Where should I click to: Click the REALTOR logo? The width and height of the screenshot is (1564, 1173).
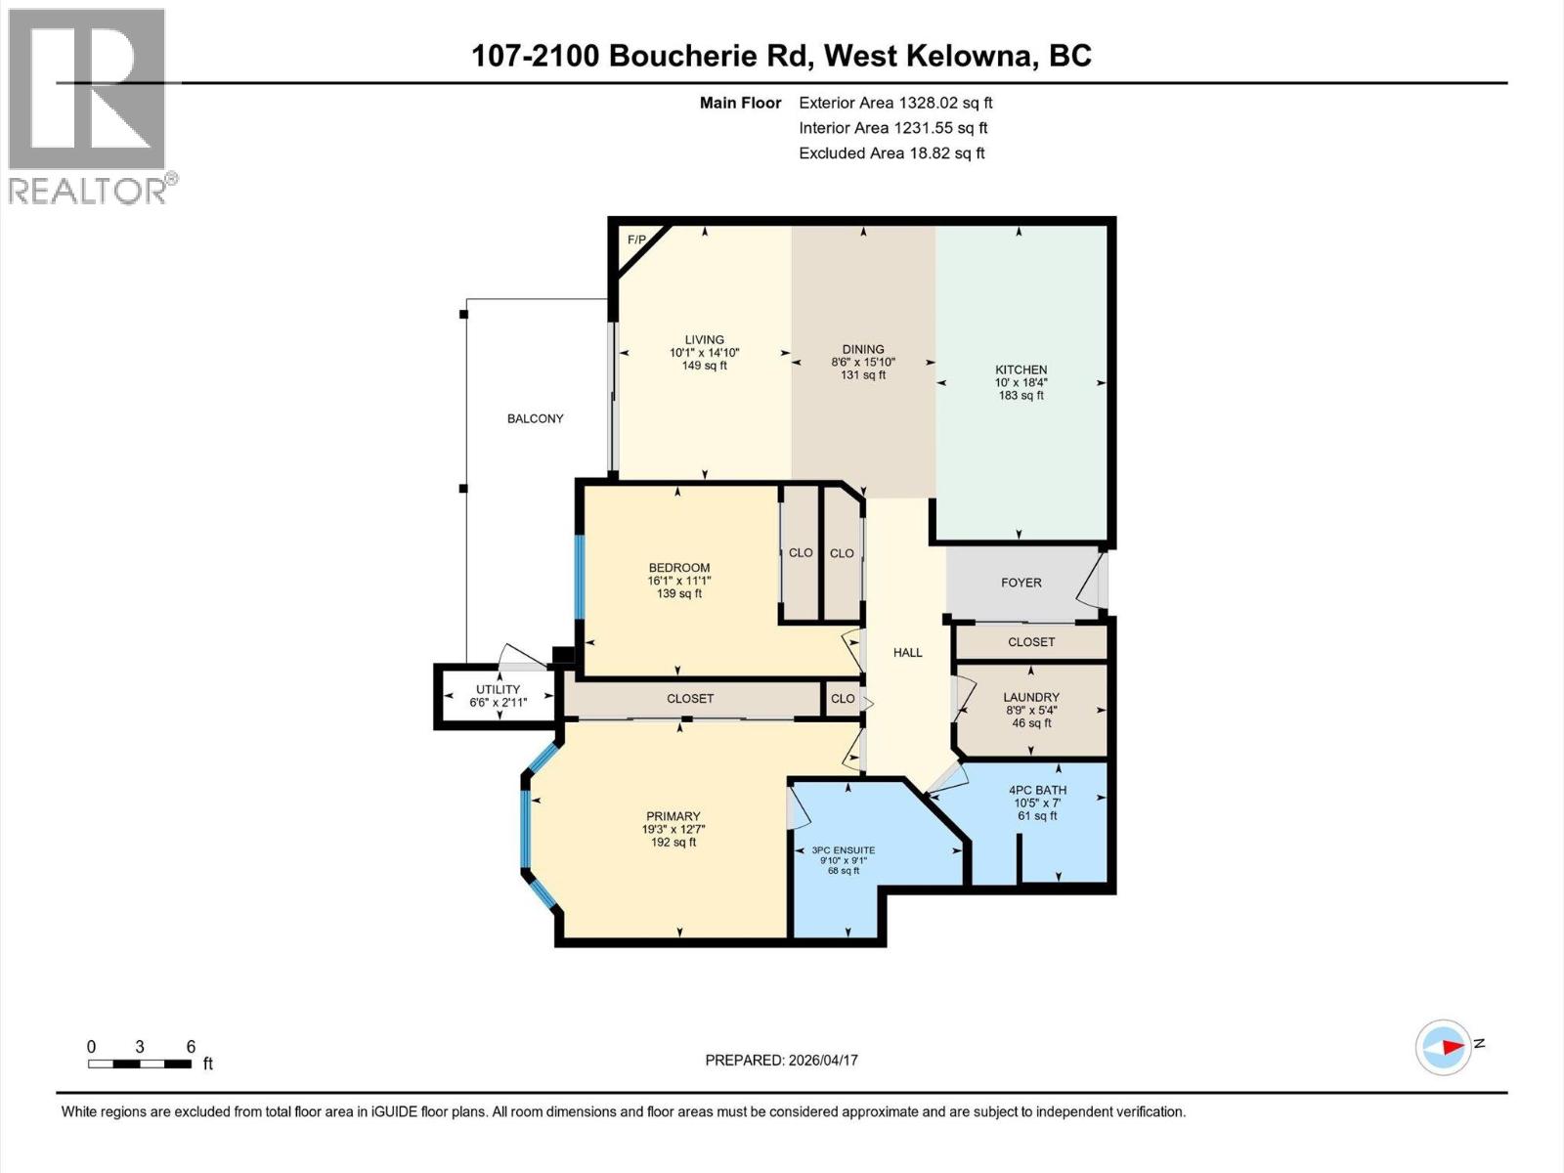pos(88,105)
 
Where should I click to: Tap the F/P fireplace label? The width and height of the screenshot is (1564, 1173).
pos(636,239)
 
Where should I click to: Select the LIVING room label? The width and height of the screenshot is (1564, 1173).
pos(704,340)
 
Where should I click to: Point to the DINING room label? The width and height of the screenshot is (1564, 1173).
pos(863,349)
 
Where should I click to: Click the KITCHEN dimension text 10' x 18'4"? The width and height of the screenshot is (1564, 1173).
pos(1021,382)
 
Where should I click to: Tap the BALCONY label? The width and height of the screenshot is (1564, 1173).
pos(535,418)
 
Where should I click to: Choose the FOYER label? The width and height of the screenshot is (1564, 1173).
pos(1021,583)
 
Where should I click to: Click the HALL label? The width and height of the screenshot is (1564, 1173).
pos(907,653)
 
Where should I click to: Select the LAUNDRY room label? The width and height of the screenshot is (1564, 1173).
pos(1031,698)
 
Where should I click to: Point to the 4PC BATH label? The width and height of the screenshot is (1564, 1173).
pos(1037,790)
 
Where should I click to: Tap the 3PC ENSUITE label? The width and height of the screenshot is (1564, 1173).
pos(843,850)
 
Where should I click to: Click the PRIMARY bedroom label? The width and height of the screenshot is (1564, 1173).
pos(673,816)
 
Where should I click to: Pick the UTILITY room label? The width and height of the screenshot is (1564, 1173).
pos(499,689)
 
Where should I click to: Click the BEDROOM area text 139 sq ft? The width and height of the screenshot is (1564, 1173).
pos(679,593)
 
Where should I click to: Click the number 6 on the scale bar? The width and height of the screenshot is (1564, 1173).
pos(191,1046)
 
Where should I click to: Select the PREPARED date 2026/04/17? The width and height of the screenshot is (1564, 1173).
pos(823,1060)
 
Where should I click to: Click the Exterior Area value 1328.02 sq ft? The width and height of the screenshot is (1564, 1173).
pos(944,103)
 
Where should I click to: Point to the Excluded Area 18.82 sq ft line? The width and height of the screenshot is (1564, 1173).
pos(891,153)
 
